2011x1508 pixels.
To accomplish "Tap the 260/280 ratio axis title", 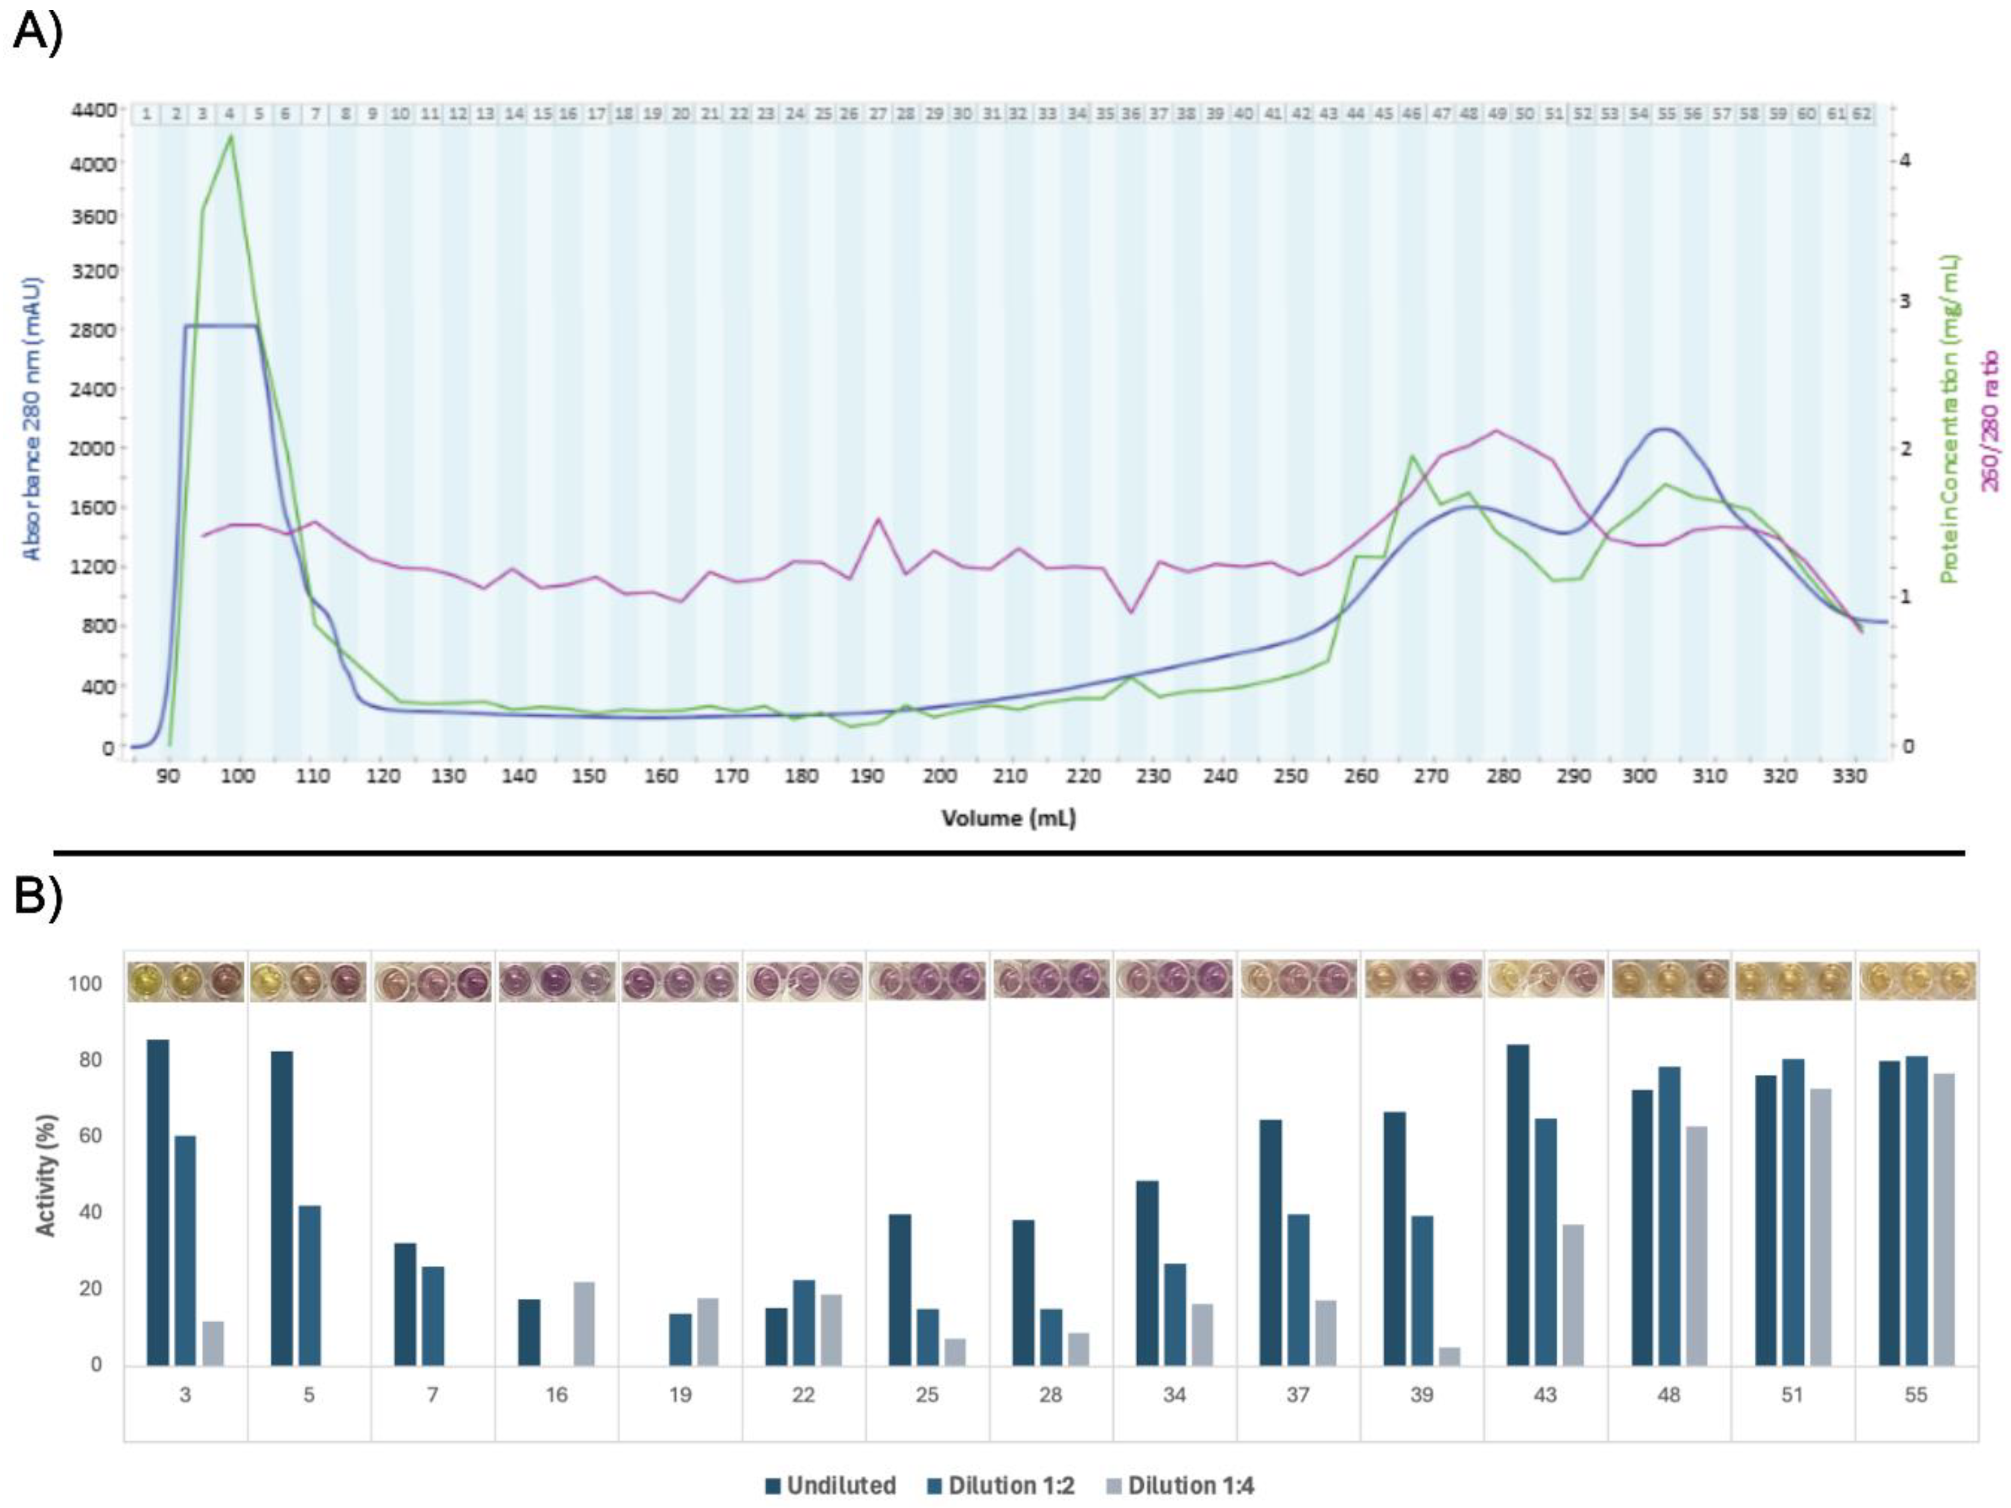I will (1991, 420).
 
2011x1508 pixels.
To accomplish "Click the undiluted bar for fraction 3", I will (158, 1201).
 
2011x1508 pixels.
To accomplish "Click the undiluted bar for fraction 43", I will (1518, 1204).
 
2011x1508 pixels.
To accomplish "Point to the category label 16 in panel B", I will (556, 1394).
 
